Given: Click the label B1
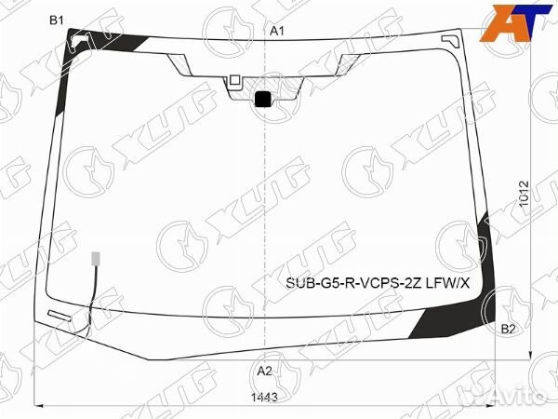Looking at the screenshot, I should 56,20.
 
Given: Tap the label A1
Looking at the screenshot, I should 276,31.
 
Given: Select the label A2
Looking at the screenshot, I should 264,371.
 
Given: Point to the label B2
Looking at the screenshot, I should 508,329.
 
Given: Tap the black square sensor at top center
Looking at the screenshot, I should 263,98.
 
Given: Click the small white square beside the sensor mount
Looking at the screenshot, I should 234,80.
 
